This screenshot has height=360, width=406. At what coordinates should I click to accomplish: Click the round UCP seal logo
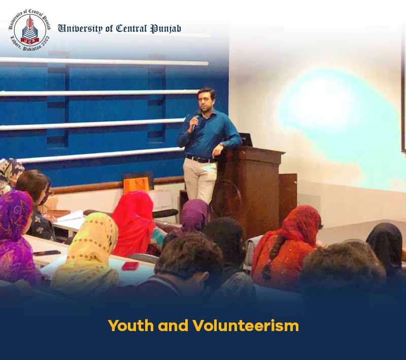tap(29, 30)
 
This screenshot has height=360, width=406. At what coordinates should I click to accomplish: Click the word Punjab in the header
tap(166, 29)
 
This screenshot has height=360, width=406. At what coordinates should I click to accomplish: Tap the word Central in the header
tap(131, 28)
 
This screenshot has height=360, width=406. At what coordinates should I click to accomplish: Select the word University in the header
tap(80, 28)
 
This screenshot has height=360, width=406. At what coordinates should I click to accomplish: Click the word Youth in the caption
tap(131, 326)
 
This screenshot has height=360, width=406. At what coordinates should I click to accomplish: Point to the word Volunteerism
tap(246, 326)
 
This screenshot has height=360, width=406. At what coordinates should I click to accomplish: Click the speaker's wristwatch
tap(221, 146)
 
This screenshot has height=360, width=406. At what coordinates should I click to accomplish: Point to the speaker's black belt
tap(201, 159)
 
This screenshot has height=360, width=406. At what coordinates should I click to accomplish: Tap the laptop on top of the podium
tap(245, 139)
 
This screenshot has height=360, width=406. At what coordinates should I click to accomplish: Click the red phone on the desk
tap(130, 266)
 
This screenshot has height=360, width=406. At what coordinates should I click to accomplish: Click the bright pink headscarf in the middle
tap(136, 223)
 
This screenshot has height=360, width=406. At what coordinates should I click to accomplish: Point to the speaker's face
tap(207, 99)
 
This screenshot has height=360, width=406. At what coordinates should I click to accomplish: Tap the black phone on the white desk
tap(47, 253)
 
